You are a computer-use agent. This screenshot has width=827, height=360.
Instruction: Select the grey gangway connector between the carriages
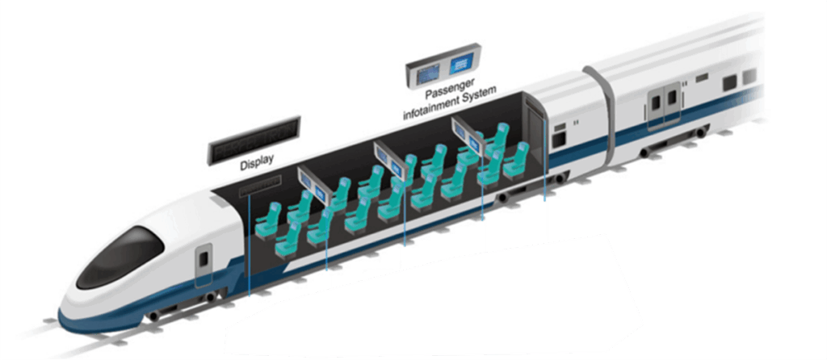point(602,113)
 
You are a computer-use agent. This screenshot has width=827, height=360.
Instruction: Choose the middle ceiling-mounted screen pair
point(391,159)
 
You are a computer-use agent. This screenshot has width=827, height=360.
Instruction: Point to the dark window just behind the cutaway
point(558,136)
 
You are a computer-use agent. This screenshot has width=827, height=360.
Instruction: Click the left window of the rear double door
point(657,101)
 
